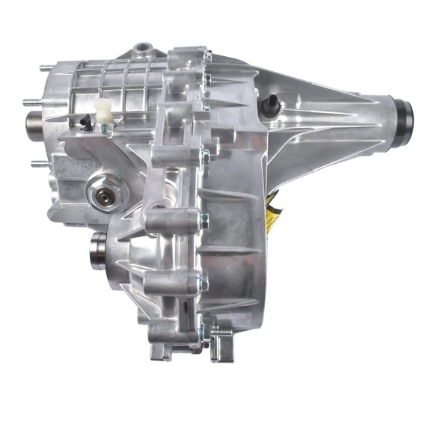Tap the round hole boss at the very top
coord(141,49)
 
